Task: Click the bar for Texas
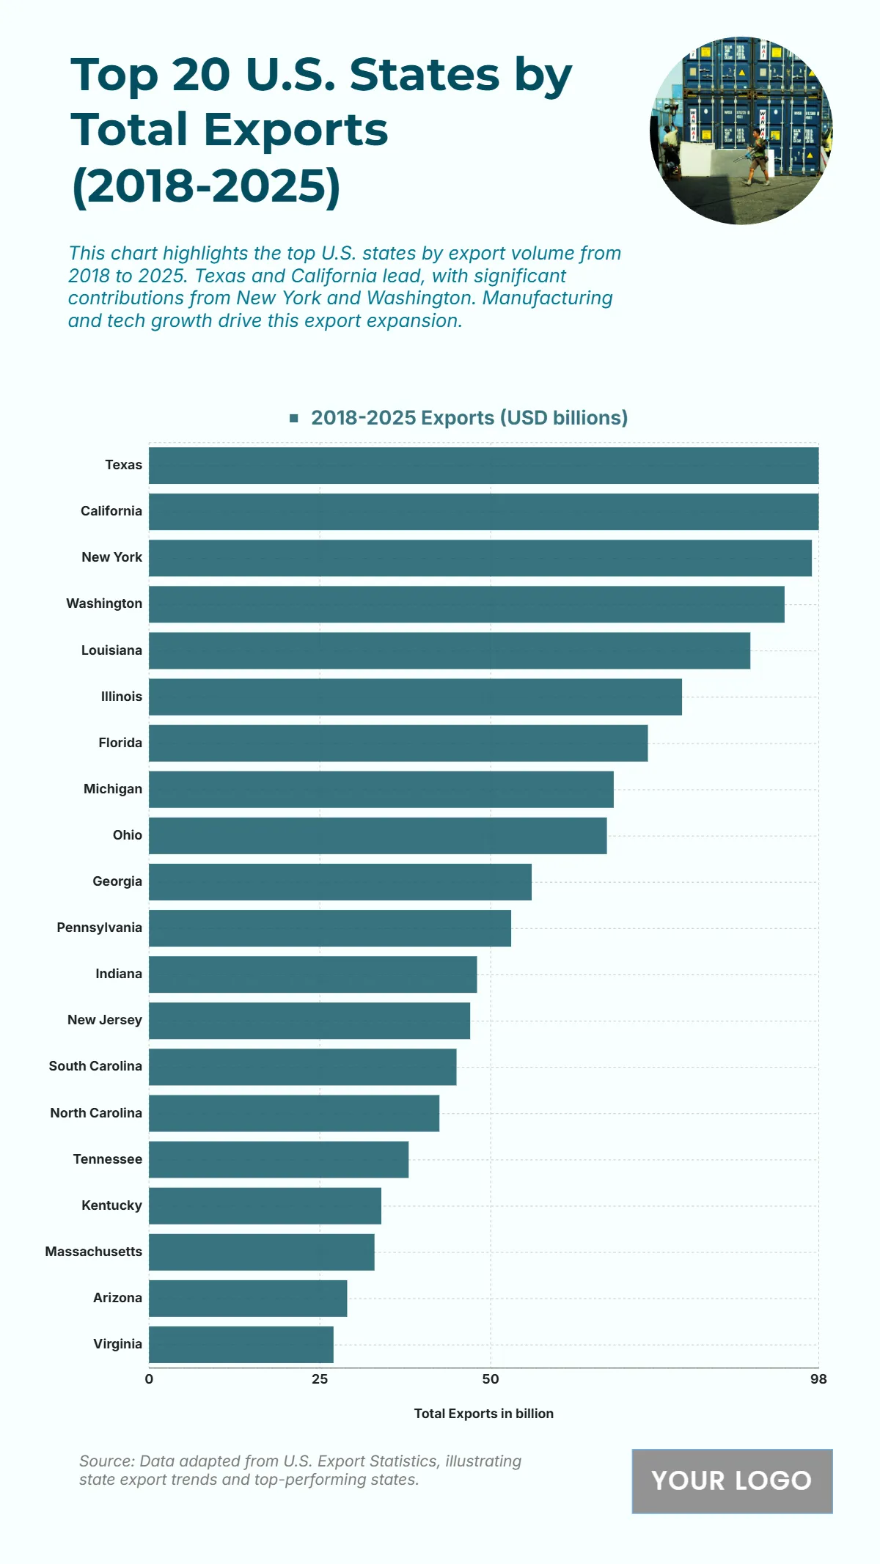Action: click(483, 466)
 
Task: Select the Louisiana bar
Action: click(449, 650)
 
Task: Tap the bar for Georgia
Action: click(340, 882)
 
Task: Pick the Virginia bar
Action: click(241, 1345)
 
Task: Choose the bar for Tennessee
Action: click(278, 1159)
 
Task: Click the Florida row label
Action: click(120, 743)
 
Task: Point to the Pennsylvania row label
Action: click(100, 928)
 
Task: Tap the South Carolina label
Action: click(95, 1066)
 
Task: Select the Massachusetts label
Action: click(94, 1252)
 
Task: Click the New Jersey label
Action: click(105, 1020)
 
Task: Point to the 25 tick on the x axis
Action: click(320, 1379)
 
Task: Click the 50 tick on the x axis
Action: click(491, 1379)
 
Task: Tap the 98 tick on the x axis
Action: click(818, 1379)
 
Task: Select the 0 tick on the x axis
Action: click(149, 1379)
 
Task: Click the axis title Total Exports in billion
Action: click(483, 1414)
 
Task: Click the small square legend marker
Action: click(294, 418)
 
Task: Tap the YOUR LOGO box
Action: click(732, 1480)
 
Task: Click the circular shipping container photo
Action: click(741, 131)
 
